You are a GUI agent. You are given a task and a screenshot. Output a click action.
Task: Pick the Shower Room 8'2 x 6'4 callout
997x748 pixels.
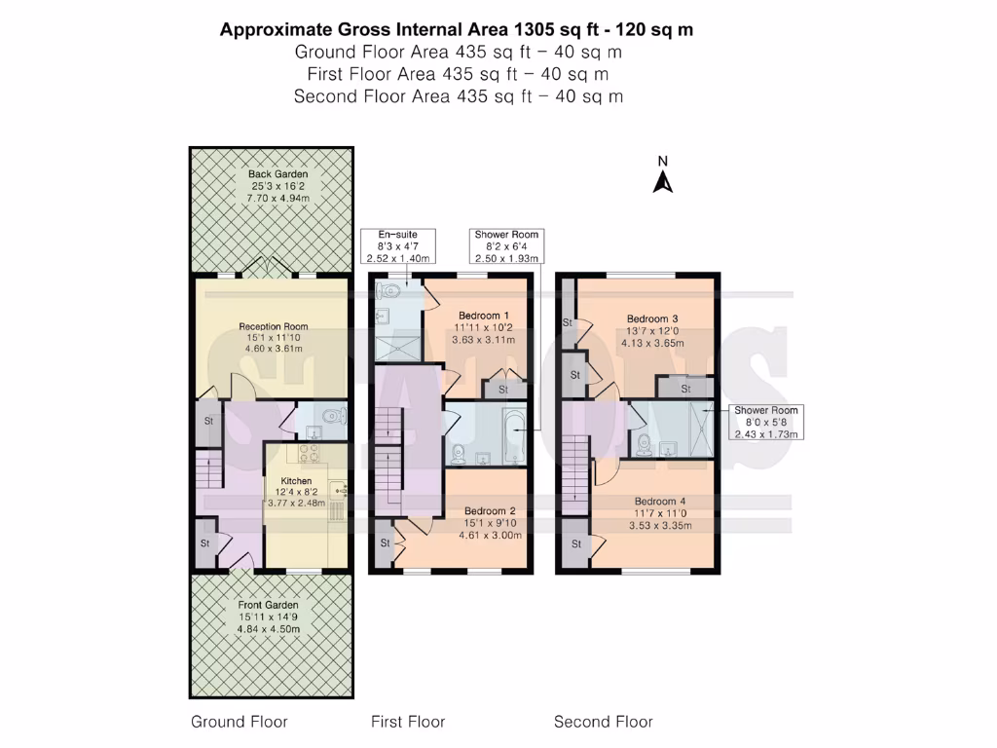[505, 246]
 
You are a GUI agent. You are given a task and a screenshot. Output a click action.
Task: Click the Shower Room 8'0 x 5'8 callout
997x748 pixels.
[765, 422]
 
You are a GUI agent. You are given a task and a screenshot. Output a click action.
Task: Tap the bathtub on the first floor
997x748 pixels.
[514, 435]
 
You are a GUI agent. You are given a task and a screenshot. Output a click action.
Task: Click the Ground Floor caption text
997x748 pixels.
[240, 722]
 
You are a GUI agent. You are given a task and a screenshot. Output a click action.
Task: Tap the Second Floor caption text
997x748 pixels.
[603, 722]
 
